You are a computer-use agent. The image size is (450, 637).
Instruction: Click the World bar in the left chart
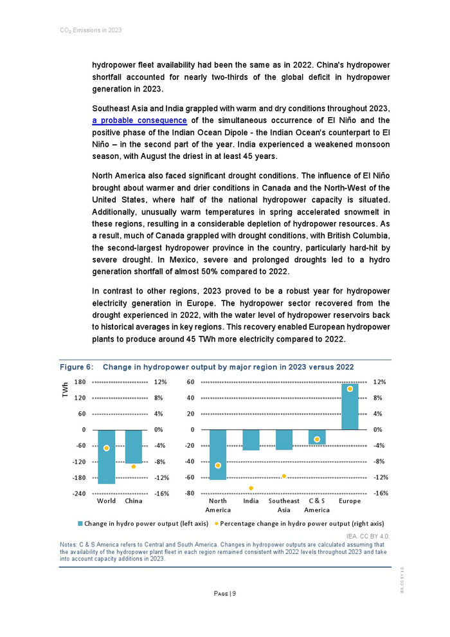pos(107,457)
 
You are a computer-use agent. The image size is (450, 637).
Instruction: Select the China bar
pos(134,447)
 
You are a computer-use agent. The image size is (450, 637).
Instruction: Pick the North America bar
pos(218,455)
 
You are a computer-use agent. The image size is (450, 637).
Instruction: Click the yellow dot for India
pos(251,488)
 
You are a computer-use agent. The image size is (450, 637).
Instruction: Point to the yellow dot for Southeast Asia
pos(283,476)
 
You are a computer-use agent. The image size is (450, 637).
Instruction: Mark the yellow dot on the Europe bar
pos(350,389)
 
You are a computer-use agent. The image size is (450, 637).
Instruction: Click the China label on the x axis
pos(134,501)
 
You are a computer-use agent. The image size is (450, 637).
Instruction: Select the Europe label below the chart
pos(350,501)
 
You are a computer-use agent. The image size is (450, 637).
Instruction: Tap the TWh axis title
pos(65,389)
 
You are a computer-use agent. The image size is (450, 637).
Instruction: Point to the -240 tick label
pos(79,494)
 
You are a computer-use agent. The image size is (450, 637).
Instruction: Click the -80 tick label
pos(190,494)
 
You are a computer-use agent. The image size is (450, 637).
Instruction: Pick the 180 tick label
pos(80,382)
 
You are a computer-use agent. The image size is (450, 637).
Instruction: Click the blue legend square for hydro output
pos(80,523)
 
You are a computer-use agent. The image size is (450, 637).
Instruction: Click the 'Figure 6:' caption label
pos(76,367)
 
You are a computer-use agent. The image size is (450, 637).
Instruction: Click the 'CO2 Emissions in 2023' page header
pos(86,30)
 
